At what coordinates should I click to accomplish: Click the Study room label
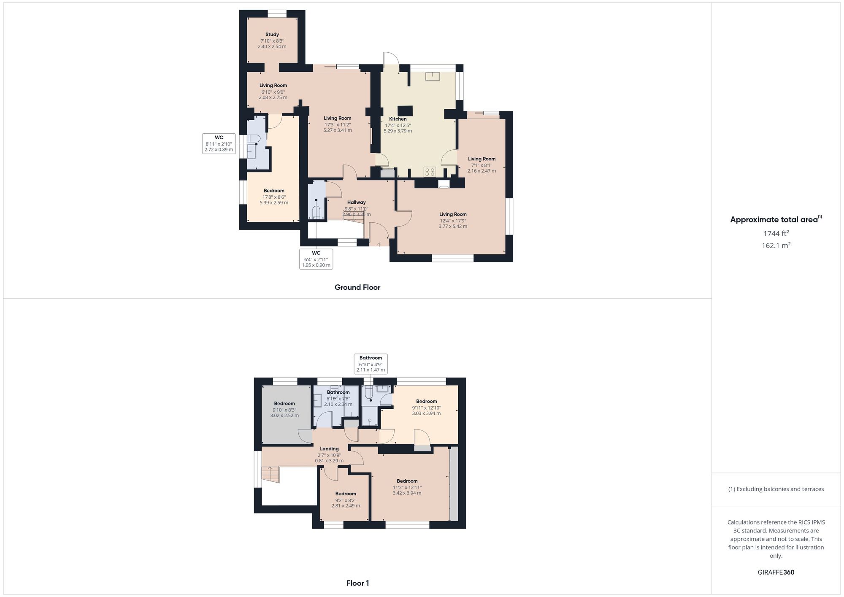tap(272, 35)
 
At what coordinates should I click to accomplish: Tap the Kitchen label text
tap(398, 119)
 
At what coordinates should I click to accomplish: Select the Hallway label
tap(356, 203)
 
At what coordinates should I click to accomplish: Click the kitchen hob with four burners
tap(430, 172)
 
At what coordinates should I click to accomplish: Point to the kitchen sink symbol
tap(432, 76)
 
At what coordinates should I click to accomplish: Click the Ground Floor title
tap(357, 287)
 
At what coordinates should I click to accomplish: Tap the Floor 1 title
tap(357, 583)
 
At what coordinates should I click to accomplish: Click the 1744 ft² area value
tap(776, 233)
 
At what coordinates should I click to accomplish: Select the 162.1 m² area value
tap(776, 245)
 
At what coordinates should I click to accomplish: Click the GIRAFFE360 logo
tap(776, 573)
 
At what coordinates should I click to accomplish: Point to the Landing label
tap(329, 449)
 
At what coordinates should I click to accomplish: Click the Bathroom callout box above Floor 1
tap(371, 364)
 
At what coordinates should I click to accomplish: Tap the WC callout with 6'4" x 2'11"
tap(316, 259)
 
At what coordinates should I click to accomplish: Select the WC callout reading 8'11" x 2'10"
tap(219, 143)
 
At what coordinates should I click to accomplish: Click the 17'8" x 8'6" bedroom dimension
tap(274, 197)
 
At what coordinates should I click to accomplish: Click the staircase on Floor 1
tap(271, 474)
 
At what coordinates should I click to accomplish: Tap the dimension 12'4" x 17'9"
tap(453, 221)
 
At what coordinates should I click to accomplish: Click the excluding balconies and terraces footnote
tap(776, 489)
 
